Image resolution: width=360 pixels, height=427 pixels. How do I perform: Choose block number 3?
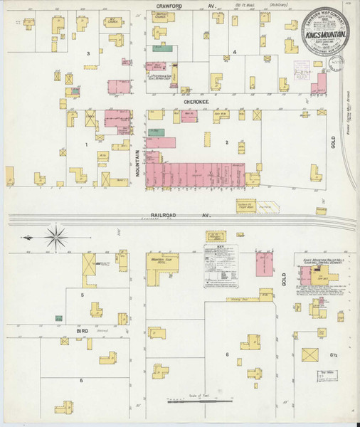point(88,54)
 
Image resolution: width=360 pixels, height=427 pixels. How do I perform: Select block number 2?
point(227,142)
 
